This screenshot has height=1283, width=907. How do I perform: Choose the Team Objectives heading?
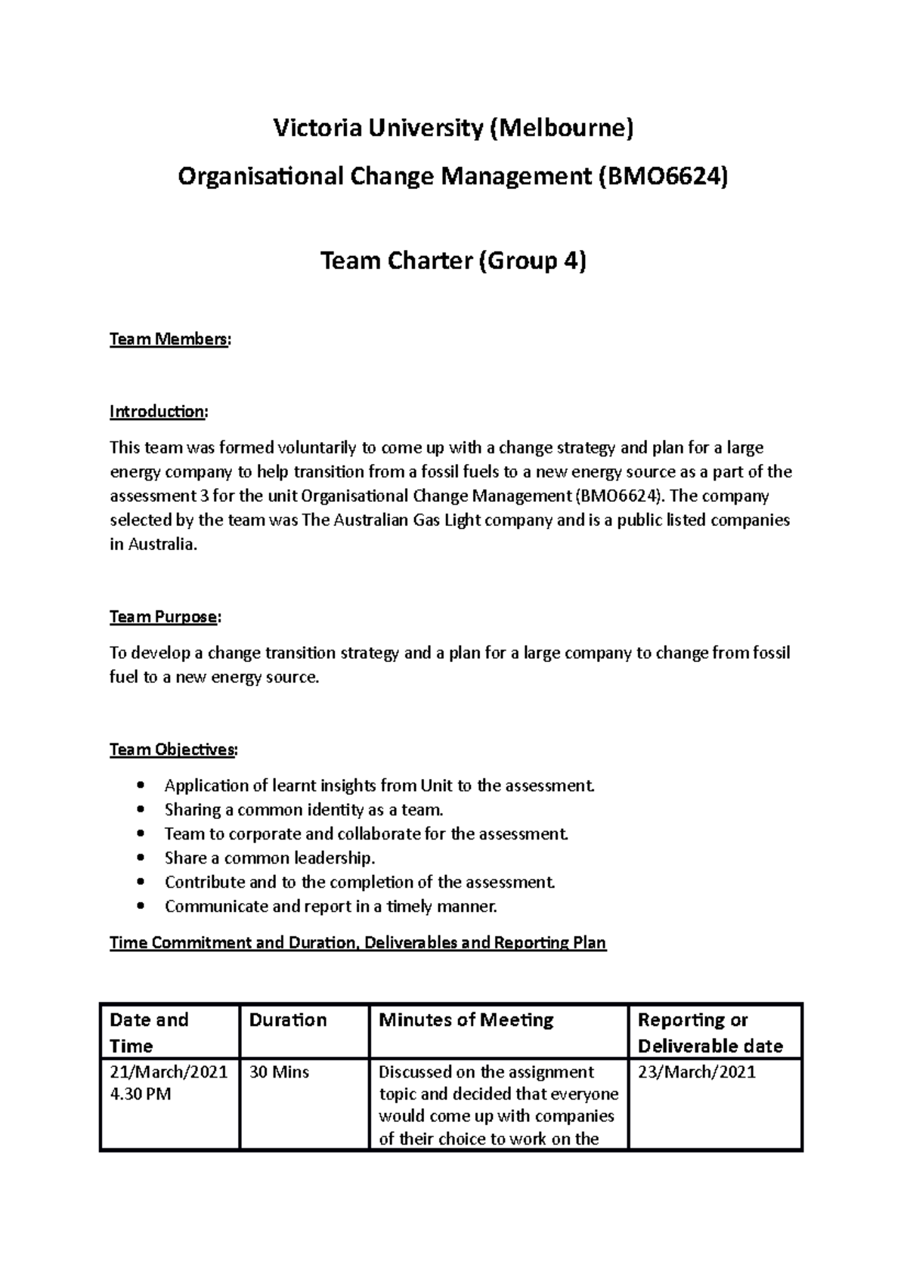pos(173,750)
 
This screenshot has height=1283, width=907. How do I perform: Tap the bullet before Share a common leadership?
pos(141,858)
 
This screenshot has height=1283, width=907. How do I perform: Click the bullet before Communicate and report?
pos(141,907)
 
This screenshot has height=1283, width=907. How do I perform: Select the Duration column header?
pos(288,1020)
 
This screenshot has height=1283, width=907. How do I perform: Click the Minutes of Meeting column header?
pos(466,1020)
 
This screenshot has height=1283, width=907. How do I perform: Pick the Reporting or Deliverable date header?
pos(709,1033)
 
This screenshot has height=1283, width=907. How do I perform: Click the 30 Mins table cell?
pos(279,1072)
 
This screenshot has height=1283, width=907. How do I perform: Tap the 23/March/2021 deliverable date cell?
pos(696,1072)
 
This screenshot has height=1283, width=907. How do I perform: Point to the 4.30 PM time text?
pos(141,1094)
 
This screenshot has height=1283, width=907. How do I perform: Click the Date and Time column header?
pos(149,1033)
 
